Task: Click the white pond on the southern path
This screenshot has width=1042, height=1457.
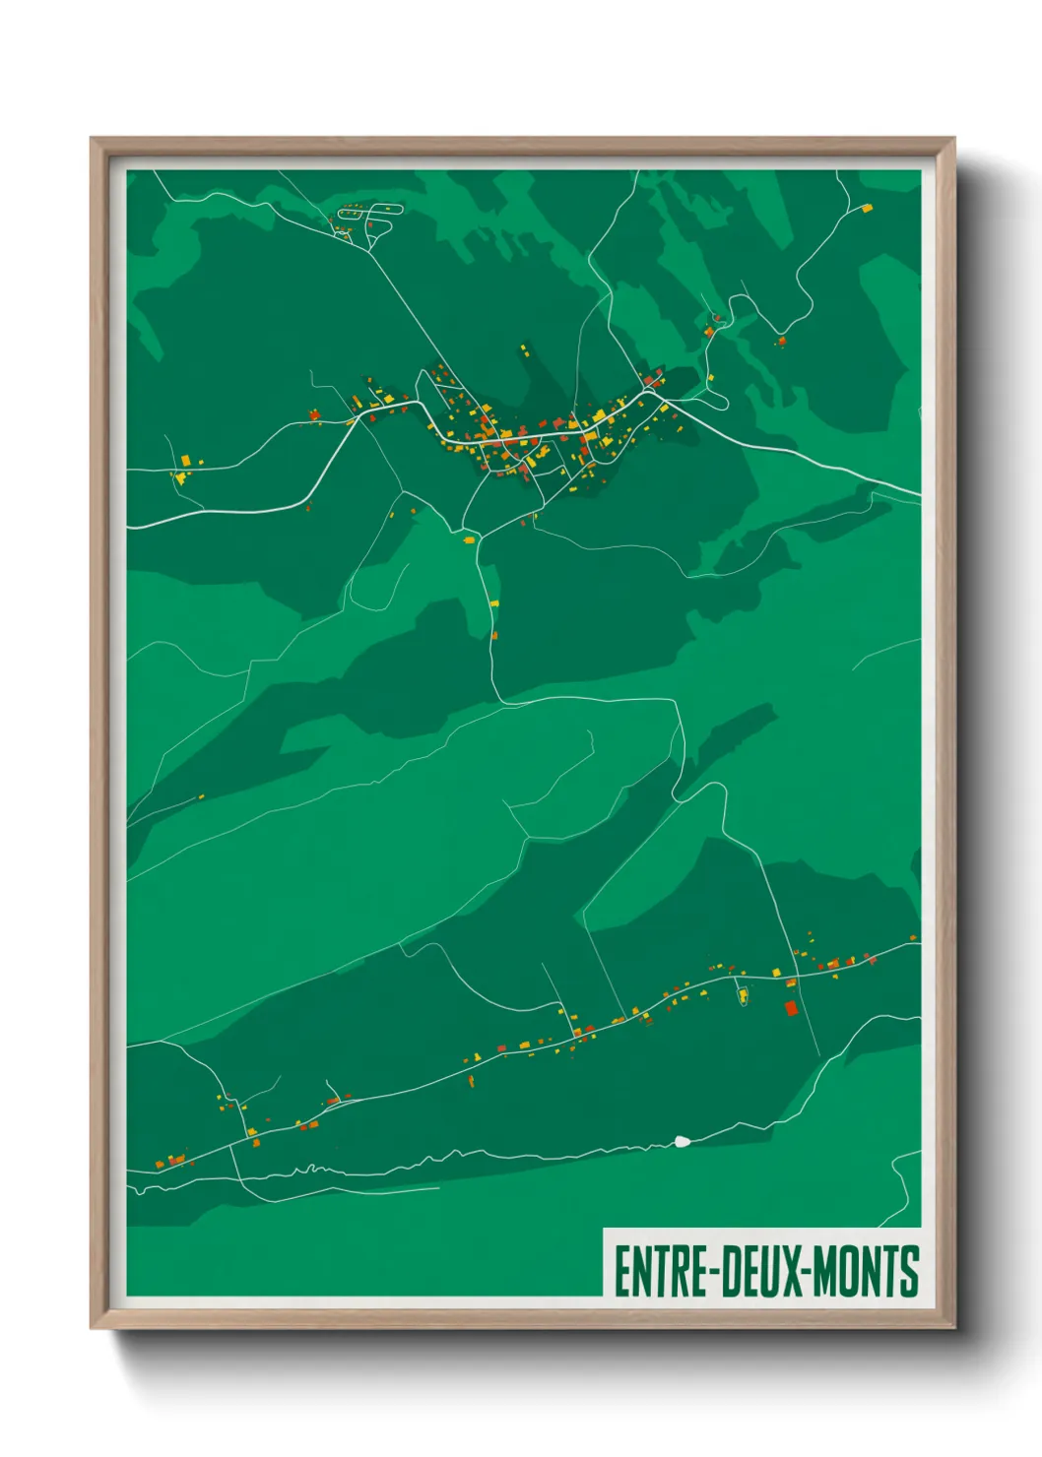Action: tap(681, 1142)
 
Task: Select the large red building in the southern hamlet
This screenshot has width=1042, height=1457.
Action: tap(790, 1008)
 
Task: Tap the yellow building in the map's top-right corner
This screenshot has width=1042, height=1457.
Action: tap(867, 208)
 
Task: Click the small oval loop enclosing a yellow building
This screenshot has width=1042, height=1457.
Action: tap(743, 994)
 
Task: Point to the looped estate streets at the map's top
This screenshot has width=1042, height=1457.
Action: tap(369, 217)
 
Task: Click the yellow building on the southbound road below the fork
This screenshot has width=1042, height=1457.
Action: tap(494, 602)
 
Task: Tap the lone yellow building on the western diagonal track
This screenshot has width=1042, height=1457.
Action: tap(201, 796)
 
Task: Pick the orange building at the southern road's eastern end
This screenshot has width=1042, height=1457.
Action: tap(913, 938)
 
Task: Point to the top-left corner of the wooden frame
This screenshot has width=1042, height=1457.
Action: tap(93, 140)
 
